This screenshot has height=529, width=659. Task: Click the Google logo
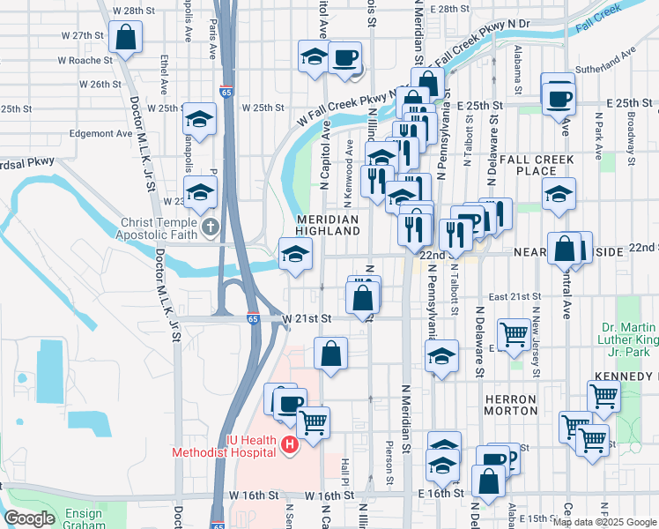tap(29, 518)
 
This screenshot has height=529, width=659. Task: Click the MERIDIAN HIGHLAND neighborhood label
tap(327, 224)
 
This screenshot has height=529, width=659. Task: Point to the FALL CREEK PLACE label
tap(537, 165)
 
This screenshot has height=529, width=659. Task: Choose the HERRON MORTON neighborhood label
tap(510, 405)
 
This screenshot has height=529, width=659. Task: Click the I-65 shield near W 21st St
tap(253, 319)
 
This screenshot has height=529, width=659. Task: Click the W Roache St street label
tap(85, 61)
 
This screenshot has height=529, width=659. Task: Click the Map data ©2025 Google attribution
tap(604, 522)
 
